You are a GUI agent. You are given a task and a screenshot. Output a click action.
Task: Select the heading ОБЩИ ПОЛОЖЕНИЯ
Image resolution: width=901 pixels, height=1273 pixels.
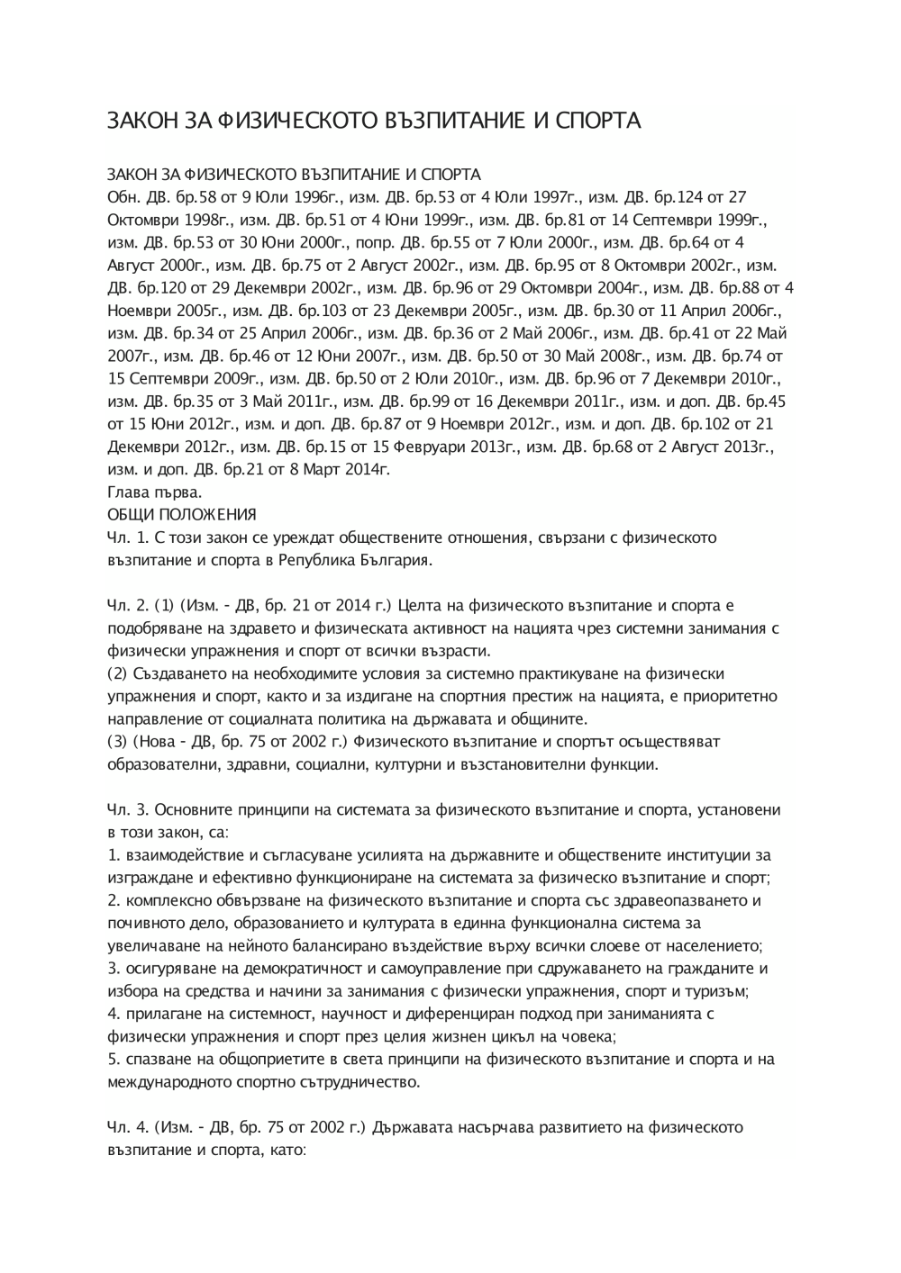(182, 515)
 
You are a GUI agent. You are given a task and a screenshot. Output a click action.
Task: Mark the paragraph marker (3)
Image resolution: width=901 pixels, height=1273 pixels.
(117, 742)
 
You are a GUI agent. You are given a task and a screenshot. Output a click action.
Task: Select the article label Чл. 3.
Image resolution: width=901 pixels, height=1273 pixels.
(127, 809)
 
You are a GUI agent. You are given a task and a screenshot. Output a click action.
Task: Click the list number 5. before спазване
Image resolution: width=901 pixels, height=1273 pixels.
(113, 1060)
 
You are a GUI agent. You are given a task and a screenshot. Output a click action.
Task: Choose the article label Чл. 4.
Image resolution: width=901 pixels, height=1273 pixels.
(127, 1127)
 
